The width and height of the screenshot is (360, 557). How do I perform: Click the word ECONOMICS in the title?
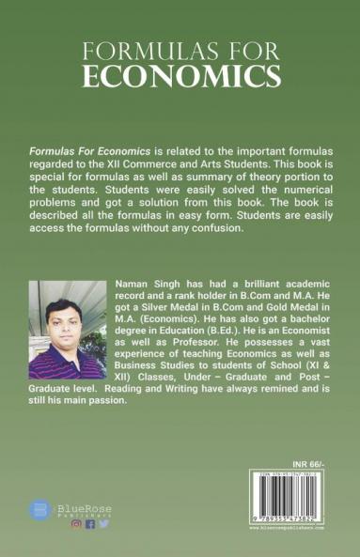coord(180,75)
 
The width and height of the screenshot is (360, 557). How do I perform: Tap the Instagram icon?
coord(76,525)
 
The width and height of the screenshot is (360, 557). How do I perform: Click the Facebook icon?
coord(90,525)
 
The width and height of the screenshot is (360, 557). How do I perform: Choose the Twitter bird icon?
coord(103,525)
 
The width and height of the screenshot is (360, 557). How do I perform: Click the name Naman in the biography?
coord(130,283)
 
